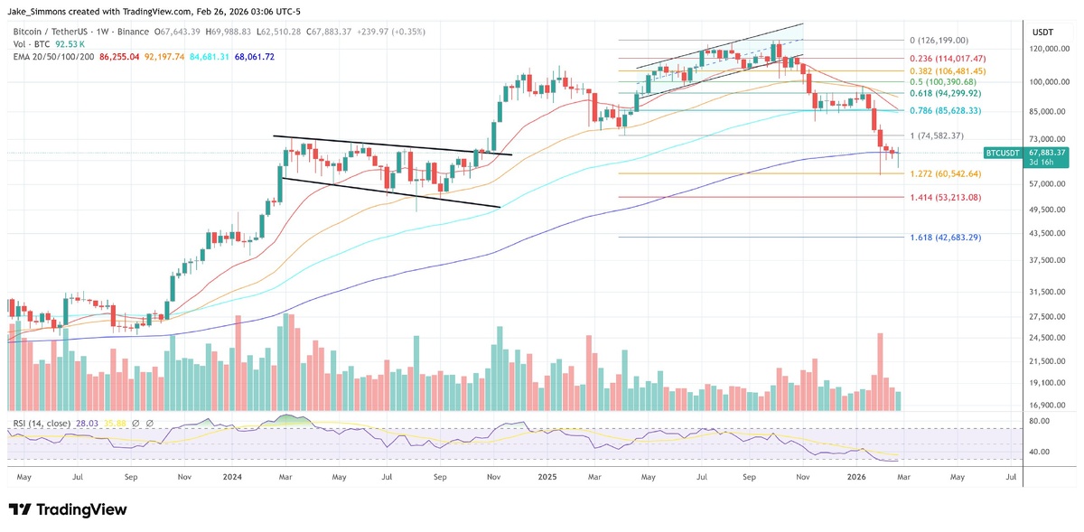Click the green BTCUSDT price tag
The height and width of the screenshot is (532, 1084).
1003,153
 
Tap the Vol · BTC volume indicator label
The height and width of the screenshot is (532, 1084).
30,43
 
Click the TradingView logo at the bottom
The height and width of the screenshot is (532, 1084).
68,509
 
